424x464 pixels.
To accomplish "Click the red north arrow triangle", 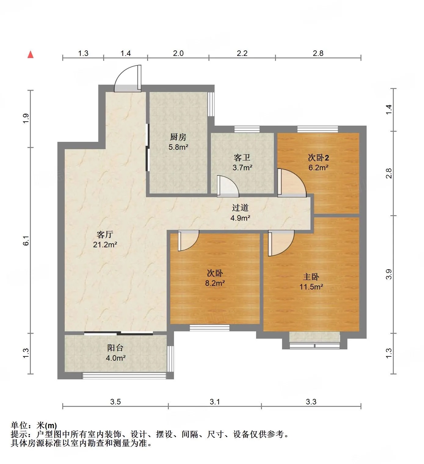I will tap(31, 55).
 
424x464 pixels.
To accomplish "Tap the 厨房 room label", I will tap(178, 137).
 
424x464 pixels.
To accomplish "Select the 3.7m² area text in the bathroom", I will tap(242, 168).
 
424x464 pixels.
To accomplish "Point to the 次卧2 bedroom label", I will tap(318, 158).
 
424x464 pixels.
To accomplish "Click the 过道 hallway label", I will tap(240, 208).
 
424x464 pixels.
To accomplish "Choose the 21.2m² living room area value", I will tap(105, 245).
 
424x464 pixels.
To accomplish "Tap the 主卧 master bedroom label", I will tap(311, 277).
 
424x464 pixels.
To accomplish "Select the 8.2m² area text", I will tap(215, 283).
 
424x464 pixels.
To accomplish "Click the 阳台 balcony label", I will tap(115, 348).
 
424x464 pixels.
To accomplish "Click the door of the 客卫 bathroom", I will tap(228, 186).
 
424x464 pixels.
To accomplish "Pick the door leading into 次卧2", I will tap(292, 182).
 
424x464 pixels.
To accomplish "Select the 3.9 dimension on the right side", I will tap(389, 274).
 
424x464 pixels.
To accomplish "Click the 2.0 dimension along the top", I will tap(178, 53).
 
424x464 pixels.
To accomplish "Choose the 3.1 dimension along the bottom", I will tap(215, 402).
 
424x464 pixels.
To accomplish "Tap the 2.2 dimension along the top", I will tap(242, 53).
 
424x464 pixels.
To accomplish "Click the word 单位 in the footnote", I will tap(19, 425).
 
